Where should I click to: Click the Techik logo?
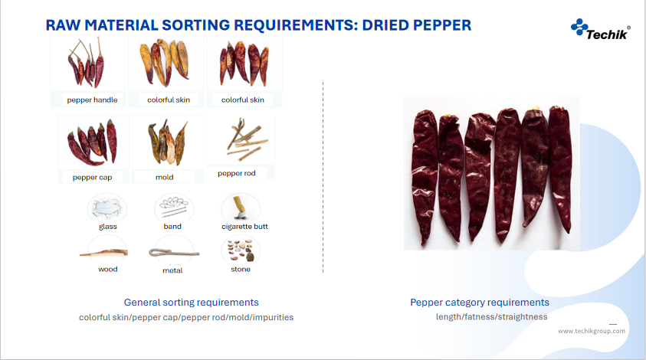click(600, 29)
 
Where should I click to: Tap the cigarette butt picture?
click(240, 207)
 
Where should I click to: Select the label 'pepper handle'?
click(92, 100)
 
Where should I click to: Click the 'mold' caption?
click(165, 177)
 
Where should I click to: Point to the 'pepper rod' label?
click(237, 173)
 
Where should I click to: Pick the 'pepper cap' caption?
click(92, 178)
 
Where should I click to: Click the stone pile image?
click(241, 250)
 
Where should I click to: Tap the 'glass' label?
click(108, 227)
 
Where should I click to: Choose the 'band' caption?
click(172, 227)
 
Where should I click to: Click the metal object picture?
click(174, 252)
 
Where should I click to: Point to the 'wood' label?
click(108, 269)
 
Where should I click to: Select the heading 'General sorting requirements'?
click(191, 303)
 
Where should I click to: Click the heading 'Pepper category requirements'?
click(480, 303)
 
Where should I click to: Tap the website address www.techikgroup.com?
click(592, 331)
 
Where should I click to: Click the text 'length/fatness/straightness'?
click(491, 317)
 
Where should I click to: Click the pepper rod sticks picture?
click(247, 139)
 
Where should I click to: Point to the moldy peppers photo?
click(167, 142)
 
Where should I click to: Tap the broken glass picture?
click(107, 207)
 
